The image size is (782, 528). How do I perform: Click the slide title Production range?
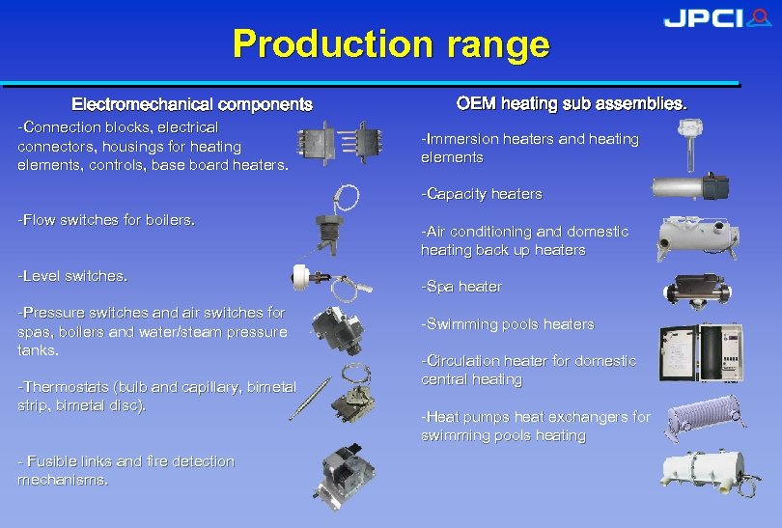pos(391,44)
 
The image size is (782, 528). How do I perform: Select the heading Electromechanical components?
pos(192,103)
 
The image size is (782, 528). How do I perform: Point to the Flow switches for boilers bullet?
pos(106,220)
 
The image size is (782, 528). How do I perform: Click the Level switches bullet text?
pos(72,276)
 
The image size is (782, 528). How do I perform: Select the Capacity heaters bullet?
pos(482,194)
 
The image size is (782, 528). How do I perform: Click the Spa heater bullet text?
pos(461,287)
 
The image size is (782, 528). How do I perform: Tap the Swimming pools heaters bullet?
pos(508,324)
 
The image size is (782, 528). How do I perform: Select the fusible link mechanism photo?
pos(349,473)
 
